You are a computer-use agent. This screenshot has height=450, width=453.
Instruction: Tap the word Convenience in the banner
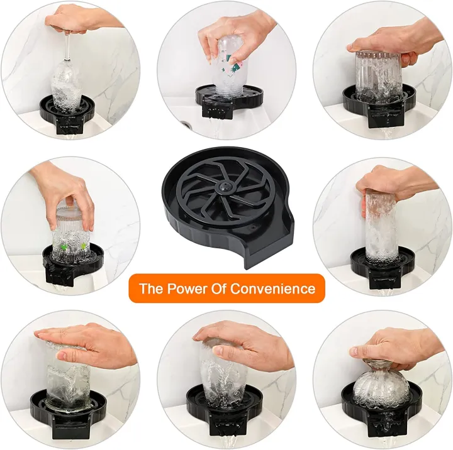point(272,288)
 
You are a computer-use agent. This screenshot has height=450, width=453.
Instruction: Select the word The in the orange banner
point(150,288)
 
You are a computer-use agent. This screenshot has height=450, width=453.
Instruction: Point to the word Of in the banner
point(217,288)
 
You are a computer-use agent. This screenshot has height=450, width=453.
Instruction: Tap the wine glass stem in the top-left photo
point(67,44)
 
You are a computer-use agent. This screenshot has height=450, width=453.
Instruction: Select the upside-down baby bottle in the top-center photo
point(226,66)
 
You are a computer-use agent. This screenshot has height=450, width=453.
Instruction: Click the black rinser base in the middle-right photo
point(382,267)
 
